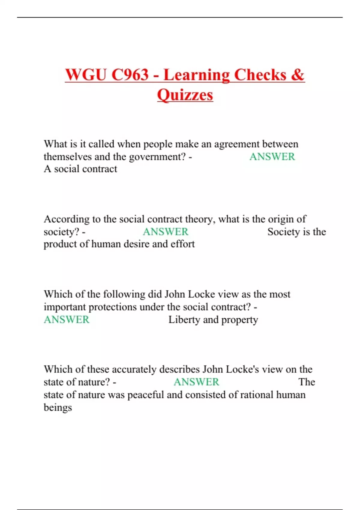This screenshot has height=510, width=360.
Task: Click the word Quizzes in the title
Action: (x=185, y=95)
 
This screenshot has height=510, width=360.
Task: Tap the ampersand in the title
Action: (x=297, y=75)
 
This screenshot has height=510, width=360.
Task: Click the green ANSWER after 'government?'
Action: (x=272, y=157)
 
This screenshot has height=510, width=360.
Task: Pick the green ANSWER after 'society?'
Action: (x=165, y=232)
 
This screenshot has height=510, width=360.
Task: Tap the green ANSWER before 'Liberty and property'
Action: (x=67, y=319)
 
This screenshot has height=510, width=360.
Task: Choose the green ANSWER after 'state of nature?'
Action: (x=196, y=382)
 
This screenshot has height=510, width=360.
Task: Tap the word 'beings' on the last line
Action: (x=58, y=408)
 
